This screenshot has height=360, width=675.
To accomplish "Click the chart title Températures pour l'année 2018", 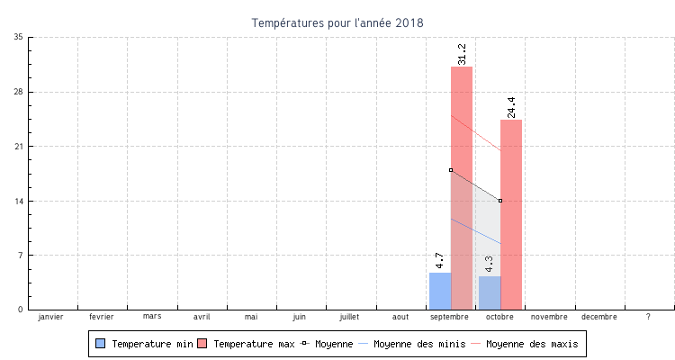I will [x=337, y=22].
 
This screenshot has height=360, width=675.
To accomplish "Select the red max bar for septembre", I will [x=462, y=188].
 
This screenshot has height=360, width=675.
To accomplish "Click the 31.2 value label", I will [x=462, y=54].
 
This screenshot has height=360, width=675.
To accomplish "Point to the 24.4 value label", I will [x=511, y=107].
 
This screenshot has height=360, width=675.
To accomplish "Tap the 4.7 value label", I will [x=440, y=261].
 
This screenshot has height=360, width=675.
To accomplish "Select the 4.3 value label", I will [x=490, y=265].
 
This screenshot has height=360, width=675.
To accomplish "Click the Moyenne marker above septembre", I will [x=451, y=170].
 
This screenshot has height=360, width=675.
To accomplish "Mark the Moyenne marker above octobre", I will [x=500, y=201].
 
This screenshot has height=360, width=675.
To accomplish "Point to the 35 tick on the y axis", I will [x=19, y=37].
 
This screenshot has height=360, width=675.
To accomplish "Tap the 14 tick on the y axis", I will [x=19, y=201].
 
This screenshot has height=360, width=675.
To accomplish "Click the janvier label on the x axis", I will [x=52, y=317].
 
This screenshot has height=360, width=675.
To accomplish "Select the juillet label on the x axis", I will [x=350, y=317].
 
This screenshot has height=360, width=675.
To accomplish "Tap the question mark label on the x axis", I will [x=648, y=317].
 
